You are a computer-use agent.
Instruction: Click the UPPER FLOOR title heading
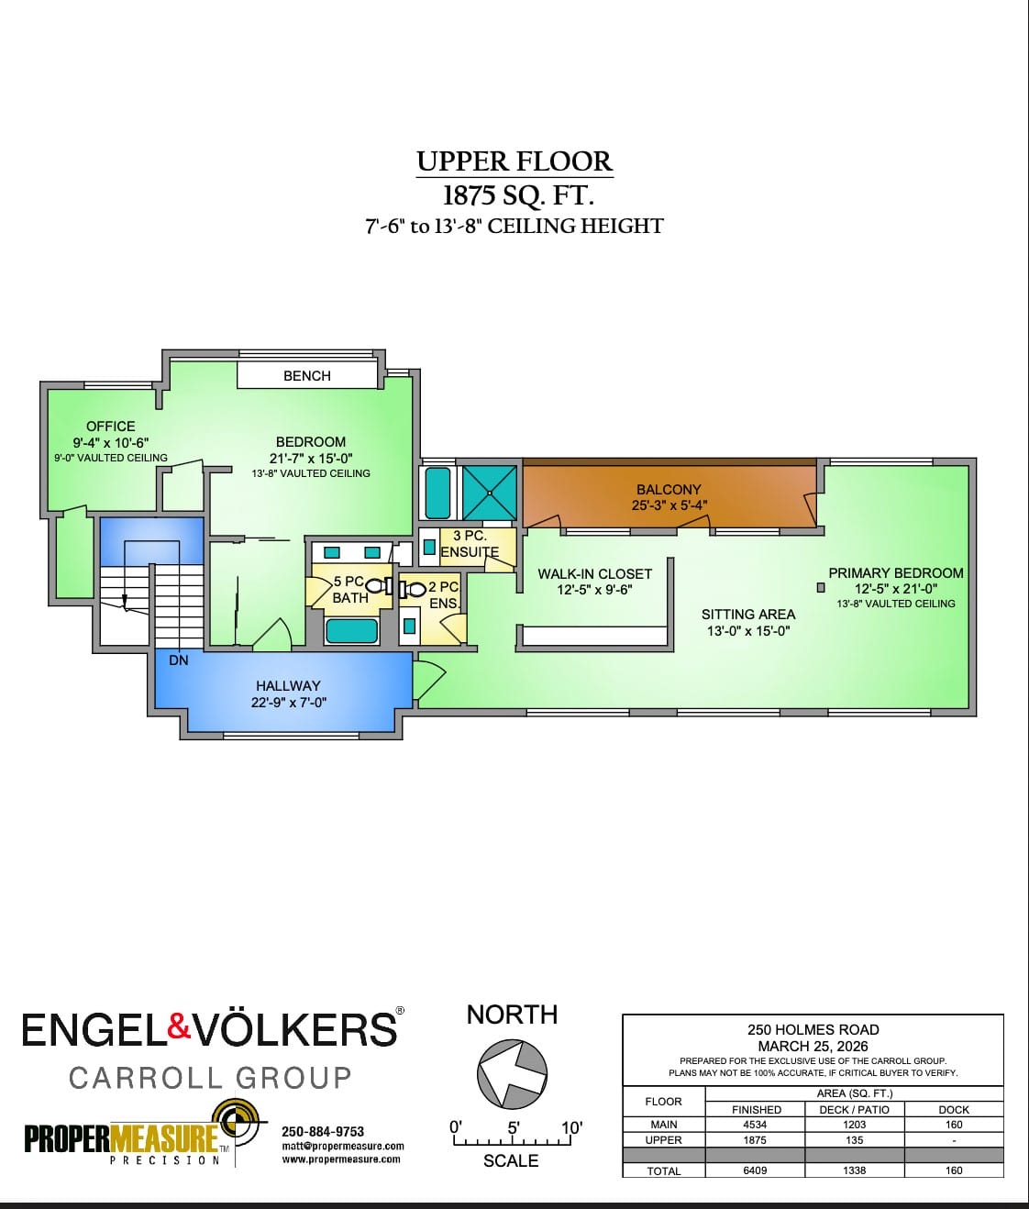tap(514, 161)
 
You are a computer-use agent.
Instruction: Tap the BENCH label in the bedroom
tap(306, 375)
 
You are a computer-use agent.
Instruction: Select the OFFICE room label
tap(110, 426)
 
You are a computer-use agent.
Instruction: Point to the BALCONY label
tap(668, 490)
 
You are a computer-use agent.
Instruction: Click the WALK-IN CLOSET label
tap(594, 573)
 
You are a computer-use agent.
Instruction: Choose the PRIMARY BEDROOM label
tap(895, 572)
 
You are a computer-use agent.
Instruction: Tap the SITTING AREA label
tap(747, 614)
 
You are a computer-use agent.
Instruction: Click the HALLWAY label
tap(288, 685)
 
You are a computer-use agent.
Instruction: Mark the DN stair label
tap(179, 660)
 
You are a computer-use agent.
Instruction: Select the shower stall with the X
tap(489, 493)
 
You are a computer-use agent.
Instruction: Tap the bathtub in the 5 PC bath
tap(352, 630)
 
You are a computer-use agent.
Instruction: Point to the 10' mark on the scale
tap(570, 1128)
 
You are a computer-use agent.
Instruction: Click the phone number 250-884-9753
tap(323, 1131)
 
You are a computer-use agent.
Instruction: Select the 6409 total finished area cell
tap(755, 1170)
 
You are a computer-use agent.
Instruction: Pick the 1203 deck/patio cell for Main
tap(854, 1125)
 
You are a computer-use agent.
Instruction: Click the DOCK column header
tap(954, 1109)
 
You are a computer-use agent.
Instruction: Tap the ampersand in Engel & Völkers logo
tap(179, 1027)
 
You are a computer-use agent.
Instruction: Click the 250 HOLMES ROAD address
tap(813, 1029)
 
